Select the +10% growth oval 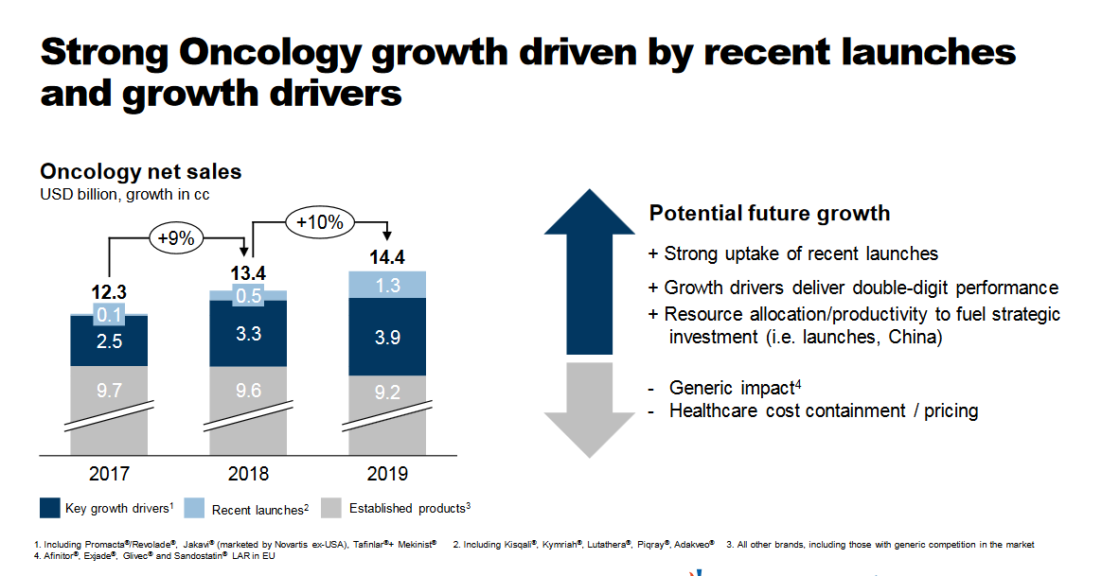tap(319, 222)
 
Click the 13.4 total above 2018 tap(248, 273)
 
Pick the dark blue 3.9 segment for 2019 tap(386, 338)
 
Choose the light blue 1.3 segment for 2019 tap(386, 285)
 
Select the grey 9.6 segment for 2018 tap(248, 390)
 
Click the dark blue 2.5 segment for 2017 tap(109, 340)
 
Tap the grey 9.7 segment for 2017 tap(109, 390)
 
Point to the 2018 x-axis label tap(248, 474)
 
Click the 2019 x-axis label tap(386, 474)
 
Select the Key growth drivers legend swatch tap(51, 509)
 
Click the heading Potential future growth tap(769, 213)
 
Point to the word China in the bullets tap(914, 337)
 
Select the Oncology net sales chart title tap(140, 172)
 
